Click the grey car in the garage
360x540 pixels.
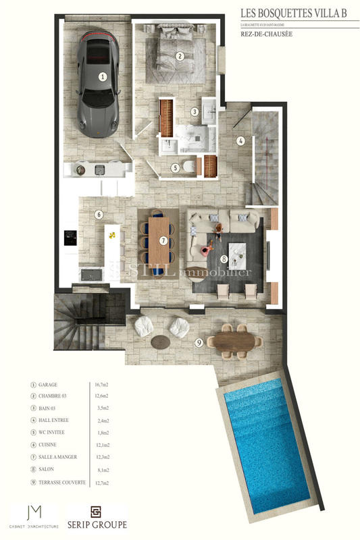100,84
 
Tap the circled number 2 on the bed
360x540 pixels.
180,57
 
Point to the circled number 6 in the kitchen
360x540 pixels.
99,215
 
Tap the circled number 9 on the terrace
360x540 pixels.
199,342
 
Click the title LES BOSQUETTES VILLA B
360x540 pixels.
299,11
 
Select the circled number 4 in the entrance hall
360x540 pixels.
240,141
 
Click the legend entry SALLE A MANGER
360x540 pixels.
58,457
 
